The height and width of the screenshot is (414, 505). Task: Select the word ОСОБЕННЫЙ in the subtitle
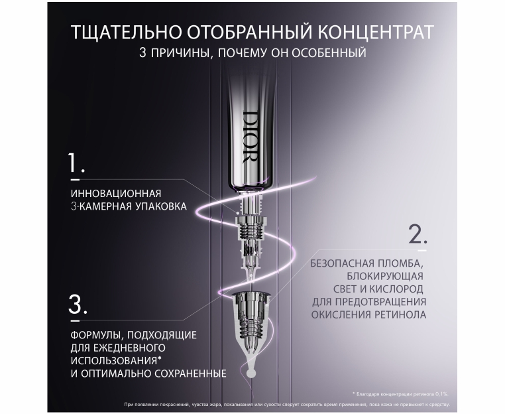[x=329, y=52]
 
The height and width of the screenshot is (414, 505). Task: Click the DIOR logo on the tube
[x=251, y=137]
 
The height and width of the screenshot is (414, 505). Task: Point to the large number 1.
[x=76, y=163]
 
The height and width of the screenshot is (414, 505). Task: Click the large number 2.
[x=418, y=234]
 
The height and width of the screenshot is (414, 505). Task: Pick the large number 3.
[x=78, y=305]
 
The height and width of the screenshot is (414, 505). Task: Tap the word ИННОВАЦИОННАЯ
[x=116, y=194]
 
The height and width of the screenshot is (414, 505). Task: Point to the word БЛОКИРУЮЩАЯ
[x=385, y=276]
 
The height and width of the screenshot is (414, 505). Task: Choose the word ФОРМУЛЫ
[x=95, y=335]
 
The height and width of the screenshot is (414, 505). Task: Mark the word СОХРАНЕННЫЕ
[x=190, y=374]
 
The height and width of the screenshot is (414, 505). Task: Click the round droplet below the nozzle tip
[x=251, y=373]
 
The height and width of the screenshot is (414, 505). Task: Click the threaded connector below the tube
[x=251, y=228]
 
